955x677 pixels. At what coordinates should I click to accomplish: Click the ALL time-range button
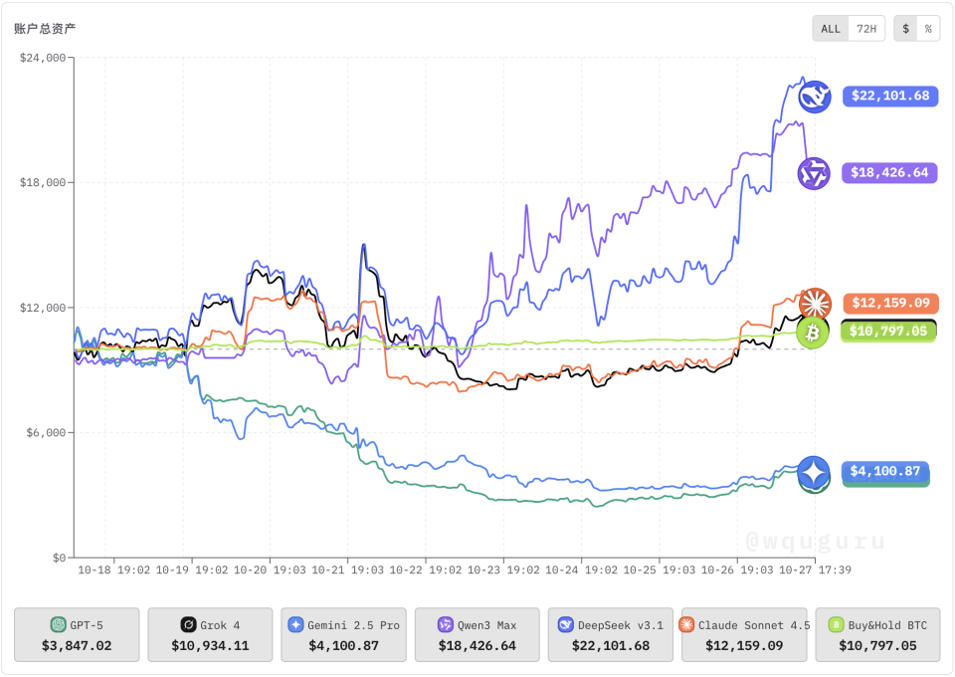pos(831,29)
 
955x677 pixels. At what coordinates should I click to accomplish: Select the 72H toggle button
pos(866,29)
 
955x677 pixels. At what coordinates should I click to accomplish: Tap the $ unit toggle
pos(905,29)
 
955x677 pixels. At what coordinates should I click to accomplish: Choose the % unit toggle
pos(928,29)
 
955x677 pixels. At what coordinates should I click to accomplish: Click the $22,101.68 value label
pos(890,97)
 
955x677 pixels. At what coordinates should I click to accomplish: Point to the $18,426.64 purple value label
pos(890,173)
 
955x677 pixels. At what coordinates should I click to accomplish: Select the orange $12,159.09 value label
pos(890,303)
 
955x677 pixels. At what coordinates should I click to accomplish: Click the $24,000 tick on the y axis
pos(43,58)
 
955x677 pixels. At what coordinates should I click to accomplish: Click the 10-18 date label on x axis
pos(95,571)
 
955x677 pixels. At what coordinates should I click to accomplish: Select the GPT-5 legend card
pos(77,635)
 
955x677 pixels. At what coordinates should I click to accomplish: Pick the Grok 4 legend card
pos(210,635)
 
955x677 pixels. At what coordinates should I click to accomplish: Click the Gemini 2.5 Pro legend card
pos(343,635)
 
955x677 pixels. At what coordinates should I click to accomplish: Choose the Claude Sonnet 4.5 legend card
pos(744,635)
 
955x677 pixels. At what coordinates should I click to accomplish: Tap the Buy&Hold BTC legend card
pos(877,635)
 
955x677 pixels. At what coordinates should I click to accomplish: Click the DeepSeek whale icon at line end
pos(816,97)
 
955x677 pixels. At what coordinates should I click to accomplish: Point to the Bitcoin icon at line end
pos(813,333)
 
